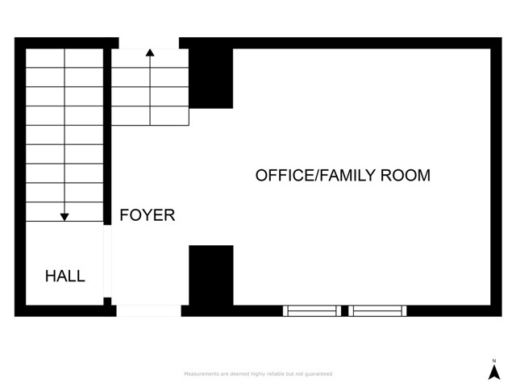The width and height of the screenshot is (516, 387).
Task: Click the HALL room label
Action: (64, 277)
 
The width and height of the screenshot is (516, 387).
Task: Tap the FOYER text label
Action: (148, 215)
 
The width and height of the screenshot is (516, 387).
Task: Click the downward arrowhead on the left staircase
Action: (64, 216)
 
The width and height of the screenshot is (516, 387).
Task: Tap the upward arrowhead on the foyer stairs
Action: (150, 52)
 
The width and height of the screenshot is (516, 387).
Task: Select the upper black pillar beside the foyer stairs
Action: (211, 77)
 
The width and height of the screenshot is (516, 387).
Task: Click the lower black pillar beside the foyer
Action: (211, 275)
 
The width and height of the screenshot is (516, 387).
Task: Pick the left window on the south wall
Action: (311, 310)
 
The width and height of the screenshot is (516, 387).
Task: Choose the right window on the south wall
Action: (378, 310)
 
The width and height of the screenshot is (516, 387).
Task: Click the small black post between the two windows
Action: (344, 310)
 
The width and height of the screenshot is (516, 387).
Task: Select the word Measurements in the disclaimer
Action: (202, 374)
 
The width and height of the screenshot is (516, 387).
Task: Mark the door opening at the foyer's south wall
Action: (149, 310)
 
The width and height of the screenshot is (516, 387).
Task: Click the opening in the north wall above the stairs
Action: (149, 43)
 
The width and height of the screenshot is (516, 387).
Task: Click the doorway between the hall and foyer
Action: (110, 262)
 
